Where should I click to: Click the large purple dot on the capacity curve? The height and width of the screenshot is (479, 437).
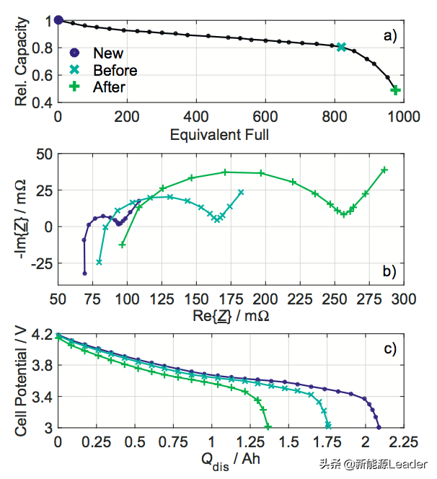coord(59,20)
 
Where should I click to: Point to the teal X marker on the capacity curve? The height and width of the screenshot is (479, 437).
coord(341,47)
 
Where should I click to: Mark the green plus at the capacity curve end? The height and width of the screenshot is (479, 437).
coord(395,90)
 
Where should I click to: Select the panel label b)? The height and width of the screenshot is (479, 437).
coord(390,272)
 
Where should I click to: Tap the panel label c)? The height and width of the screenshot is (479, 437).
coord(390,350)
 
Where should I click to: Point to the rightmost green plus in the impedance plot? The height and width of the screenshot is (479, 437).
coord(384,170)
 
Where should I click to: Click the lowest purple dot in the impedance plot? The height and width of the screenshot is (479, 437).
coord(84,273)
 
